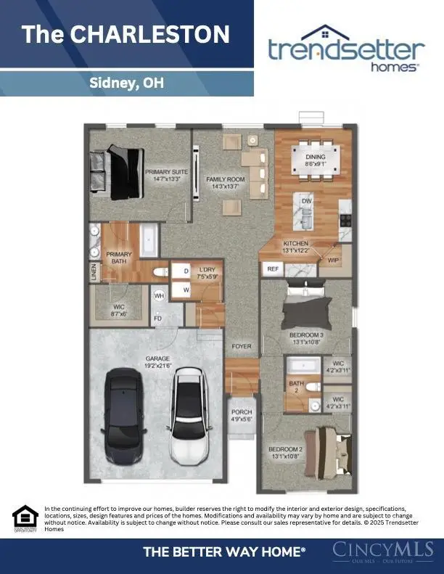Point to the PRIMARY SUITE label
click(167, 175)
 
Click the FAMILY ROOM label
click(225, 182)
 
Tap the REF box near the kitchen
click(273, 268)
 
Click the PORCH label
click(241, 414)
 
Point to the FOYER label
click(241, 346)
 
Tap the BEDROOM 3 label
click(305, 337)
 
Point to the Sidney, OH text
click(126, 83)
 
